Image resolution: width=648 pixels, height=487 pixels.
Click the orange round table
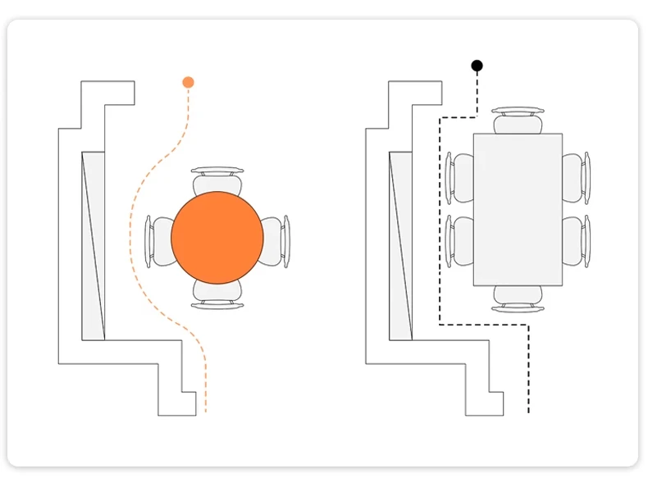pyautogui.click(x=217, y=237)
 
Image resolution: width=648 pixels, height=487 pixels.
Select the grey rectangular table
pyautogui.click(x=518, y=209)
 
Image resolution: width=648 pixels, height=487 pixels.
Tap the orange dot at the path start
pyautogui.click(x=188, y=82)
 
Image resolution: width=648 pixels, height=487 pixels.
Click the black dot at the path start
pyautogui.click(x=477, y=65)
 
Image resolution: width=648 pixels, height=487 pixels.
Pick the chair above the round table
pyautogui.click(x=217, y=180)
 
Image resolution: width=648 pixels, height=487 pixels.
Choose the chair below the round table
pyautogui.click(x=217, y=295)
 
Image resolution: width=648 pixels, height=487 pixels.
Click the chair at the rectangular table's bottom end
pyautogui.click(x=518, y=298)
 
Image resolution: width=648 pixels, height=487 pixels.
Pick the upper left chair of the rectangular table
pyautogui.click(x=459, y=177)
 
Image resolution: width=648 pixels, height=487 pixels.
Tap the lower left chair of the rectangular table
pyautogui.click(x=459, y=240)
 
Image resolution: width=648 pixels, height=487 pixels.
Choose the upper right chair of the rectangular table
pyautogui.click(x=577, y=177)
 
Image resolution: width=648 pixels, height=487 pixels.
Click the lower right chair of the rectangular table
pyautogui.click(x=577, y=240)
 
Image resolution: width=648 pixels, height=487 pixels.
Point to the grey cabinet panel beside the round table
pyautogui.click(x=94, y=246)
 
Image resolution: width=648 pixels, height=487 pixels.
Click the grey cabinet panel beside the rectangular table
pyautogui.click(x=400, y=246)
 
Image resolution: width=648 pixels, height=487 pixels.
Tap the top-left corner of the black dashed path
pyautogui.click(x=441, y=117)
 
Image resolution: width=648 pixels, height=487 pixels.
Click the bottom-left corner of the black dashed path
pyautogui.click(x=441, y=325)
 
